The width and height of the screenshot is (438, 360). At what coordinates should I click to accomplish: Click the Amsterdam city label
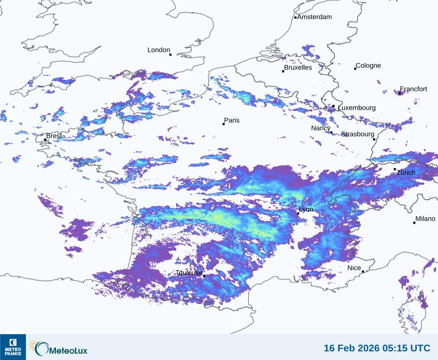tap(314, 17)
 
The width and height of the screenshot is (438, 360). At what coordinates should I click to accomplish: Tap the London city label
tap(159, 50)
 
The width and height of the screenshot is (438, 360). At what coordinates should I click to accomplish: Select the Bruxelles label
tap(298, 68)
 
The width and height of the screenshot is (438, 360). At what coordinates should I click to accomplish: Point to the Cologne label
tap(368, 66)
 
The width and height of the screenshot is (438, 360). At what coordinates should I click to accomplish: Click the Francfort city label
tap(414, 89)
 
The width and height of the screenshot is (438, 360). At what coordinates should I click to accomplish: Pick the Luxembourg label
tap(357, 108)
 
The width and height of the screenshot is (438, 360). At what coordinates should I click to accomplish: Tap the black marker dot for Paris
tap(223, 124)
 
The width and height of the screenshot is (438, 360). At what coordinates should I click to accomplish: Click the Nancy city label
tap(321, 128)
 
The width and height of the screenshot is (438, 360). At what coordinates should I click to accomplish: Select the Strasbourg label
tap(358, 134)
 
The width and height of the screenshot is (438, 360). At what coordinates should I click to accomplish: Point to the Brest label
tap(54, 136)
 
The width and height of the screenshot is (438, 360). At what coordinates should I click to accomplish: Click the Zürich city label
tap(406, 173)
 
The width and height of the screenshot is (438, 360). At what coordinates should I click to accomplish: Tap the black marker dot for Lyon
tap(298, 213)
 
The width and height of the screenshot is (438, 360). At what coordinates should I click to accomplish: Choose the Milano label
tap(425, 219)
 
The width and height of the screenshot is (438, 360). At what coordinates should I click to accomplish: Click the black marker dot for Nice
tap(363, 272)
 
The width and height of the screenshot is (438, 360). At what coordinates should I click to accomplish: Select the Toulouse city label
tap(189, 273)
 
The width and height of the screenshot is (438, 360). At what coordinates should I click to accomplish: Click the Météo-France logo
tap(13, 347)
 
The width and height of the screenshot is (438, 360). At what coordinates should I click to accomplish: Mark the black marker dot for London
tap(170, 55)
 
